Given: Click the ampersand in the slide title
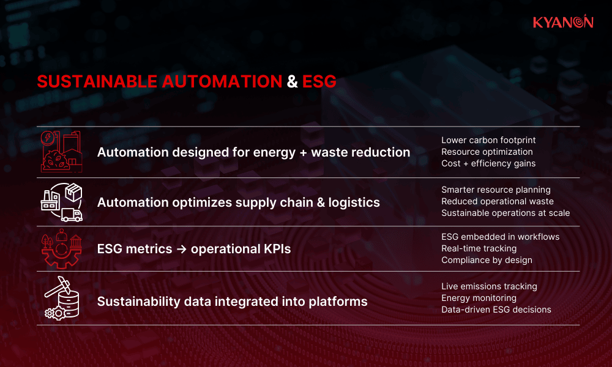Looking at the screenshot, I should click(x=293, y=82).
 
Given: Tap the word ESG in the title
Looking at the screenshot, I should click(x=319, y=82).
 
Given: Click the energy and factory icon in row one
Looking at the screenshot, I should click(x=61, y=150).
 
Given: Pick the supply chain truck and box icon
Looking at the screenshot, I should click(x=61, y=201).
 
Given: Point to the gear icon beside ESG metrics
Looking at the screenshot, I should click(x=61, y=248).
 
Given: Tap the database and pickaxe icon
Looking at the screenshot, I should click(x=61, y=298).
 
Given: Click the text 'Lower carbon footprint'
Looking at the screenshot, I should click(x=488, y=141).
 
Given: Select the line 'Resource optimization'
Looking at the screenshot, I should click(x=487, y=152).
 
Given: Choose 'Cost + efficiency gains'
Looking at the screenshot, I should click(x=488, y=163).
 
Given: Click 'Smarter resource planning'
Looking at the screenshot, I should click(x=496, y=190).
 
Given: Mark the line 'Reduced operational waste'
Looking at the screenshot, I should click(x=497, y=201).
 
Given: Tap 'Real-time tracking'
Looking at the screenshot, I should click(x=479, y=248).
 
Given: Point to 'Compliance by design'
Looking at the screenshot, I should click(x=487, y=260).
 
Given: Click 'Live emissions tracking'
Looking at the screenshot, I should click(x=489, y=286).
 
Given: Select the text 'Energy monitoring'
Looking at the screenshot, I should click(x=479, y=298).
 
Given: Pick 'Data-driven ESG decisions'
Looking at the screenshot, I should click(x=496, y=310).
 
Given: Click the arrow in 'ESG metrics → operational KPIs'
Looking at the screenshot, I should click(x=183, y=250).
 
